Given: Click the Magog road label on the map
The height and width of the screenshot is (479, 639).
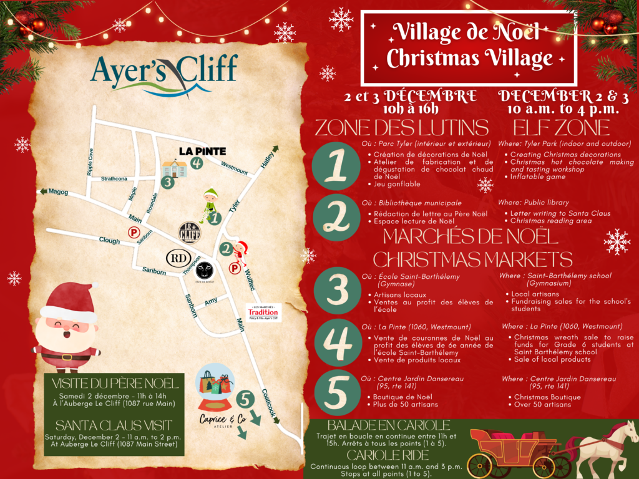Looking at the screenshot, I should click(x=58, y=192).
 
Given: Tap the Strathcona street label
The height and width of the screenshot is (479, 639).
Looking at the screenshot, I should click(x=114, y=179).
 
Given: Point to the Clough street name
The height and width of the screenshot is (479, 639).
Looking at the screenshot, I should click(x=109, y=239).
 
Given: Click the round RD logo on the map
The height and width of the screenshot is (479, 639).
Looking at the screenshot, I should click(x=176, y=257).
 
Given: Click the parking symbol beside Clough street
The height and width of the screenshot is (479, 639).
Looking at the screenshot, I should click(x=132, y=232).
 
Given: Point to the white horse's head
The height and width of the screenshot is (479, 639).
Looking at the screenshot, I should click(x=623, y=431).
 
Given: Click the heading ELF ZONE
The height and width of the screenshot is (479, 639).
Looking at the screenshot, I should click(x=561, y=128).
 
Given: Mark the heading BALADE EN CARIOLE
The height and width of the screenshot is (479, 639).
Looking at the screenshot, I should click(x=388, y=425).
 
